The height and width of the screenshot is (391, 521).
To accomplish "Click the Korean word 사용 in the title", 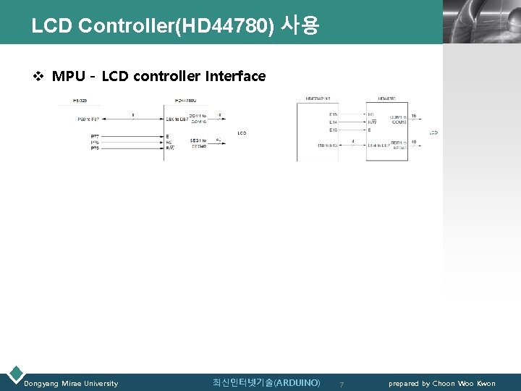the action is click(x=299, y=26).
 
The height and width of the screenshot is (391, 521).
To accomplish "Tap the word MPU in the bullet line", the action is click(x=69, y=76).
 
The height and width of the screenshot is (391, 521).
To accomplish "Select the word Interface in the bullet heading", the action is click(x=236, y=76).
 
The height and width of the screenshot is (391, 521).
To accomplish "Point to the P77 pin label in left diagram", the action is click(x=95, y=136).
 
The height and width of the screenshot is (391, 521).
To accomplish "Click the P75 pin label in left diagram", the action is click(x=95, y=148).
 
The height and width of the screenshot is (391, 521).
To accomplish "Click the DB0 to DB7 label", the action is click(x=177, y=119).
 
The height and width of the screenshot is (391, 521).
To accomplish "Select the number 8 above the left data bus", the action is click(x=132, y=114).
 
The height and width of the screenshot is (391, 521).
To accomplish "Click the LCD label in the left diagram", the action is click(x=242, y=133).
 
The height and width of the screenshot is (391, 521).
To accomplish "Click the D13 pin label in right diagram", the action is click(x=333, y=130).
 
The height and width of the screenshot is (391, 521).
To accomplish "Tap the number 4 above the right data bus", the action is click(x=352, y=140).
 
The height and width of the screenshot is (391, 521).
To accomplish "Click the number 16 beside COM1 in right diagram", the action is click(x=413, y=116).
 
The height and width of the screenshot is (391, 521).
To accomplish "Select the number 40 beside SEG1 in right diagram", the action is click(x=413, y=142).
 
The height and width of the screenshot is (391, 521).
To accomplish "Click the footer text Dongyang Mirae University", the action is click(x=71, y=383).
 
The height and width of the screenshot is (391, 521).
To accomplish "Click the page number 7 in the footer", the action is click(x=342, y=384).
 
